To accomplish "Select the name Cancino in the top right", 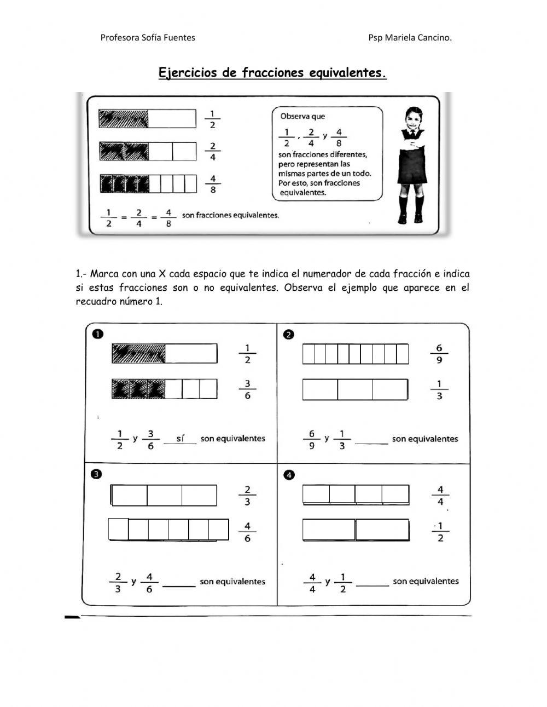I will pos(433,38).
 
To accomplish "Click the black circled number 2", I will pos(289,334).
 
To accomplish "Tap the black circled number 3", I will pos(96,475).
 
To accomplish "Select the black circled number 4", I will pos(289,475).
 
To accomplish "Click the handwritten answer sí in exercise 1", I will pos(180,438).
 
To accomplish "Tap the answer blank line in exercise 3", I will pos(179,585).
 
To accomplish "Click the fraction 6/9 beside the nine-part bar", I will pos(439,354).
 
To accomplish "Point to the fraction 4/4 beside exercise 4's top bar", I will pos(440,496).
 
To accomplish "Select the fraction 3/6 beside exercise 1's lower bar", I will pos(247,389).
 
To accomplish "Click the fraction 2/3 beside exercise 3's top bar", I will pos(247,496).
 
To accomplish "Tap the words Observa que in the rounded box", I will pos(302,116).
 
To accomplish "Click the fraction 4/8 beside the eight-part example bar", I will pos(212,184).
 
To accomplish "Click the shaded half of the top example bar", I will pos(124,118).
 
